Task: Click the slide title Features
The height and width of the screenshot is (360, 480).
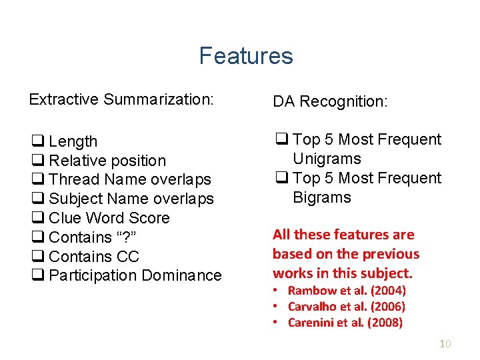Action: tap(245, 56)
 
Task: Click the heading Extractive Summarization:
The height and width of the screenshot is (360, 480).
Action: tap(121, 100)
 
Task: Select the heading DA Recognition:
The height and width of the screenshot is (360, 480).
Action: tap(329, 101)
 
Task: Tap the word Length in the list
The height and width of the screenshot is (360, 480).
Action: tap(73, 142)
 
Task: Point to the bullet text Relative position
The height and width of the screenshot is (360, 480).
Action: tap(107, 161)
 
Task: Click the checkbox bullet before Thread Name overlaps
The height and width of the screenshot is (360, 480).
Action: tap(37, 180)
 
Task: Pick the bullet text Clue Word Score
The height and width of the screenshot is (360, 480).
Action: tap(109, 218)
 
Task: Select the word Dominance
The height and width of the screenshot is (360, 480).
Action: tap(185, 275)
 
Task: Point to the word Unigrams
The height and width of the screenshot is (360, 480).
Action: tap(327, 159)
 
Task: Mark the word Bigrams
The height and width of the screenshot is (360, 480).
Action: tap(321, 198)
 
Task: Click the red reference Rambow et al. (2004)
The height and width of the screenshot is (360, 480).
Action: tap(347, 291)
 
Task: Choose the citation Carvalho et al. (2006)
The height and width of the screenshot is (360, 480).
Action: tap(347, 307)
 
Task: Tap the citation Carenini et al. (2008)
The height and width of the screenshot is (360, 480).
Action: tap(345, 323)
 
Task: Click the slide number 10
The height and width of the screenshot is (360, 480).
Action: tap(446, 344)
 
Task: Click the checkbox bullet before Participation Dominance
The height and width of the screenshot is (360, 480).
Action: tap(37, 276)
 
